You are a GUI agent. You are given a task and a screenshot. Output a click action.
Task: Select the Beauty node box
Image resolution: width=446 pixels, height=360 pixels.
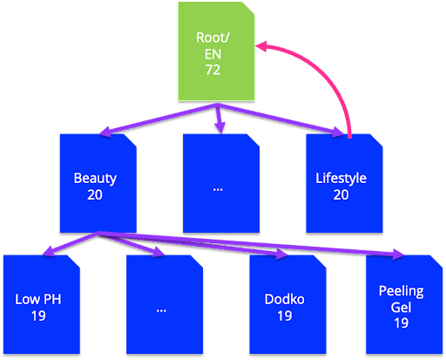coord(97,182)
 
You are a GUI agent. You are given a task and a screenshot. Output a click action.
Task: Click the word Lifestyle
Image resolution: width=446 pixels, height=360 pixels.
coord(341,179)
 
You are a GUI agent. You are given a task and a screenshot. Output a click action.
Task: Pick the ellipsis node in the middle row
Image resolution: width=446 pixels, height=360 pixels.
coord(220,182)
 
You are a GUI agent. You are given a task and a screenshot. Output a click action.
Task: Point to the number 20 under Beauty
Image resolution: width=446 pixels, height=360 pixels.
coord(95,194)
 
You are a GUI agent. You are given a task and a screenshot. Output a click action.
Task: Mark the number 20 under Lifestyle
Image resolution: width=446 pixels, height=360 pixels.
coord(341,194)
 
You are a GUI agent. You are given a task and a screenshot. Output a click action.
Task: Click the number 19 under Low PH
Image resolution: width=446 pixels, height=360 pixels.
coord(38,316)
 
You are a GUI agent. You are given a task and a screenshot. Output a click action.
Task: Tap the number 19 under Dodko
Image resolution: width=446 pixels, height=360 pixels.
coord(285,316)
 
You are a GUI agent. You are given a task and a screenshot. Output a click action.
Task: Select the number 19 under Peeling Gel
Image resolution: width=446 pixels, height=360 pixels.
coord(401,323)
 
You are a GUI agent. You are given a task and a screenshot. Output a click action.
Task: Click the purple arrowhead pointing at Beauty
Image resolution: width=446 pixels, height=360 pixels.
coord(105,133)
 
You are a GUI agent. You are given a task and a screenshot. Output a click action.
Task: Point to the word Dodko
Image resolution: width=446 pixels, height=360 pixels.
coord(285,300)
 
